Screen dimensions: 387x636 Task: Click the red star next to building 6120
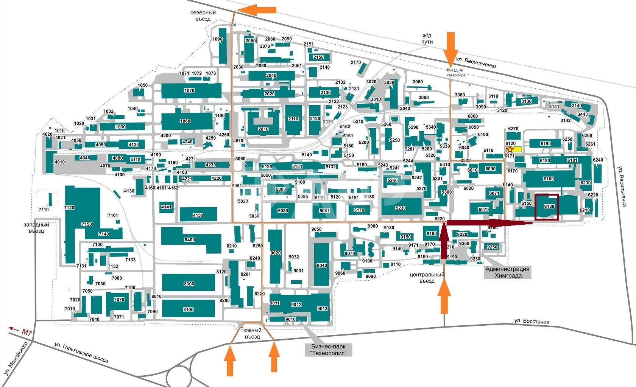(510, 149)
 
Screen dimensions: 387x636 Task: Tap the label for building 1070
(189, 90)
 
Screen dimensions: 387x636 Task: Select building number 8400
(190, 240)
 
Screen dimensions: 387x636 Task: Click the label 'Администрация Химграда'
(508, 272)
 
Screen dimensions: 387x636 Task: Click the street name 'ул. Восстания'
(532, 322)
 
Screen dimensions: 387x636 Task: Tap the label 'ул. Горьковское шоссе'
(81, 353)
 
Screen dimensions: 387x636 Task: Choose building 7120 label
(69, 208)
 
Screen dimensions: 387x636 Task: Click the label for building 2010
(263, 129)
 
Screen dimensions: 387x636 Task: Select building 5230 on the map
(401, 208)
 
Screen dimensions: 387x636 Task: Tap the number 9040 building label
(322, 266)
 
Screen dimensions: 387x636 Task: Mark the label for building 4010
(60, 162)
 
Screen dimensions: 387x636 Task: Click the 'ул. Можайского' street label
(16, 359)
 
